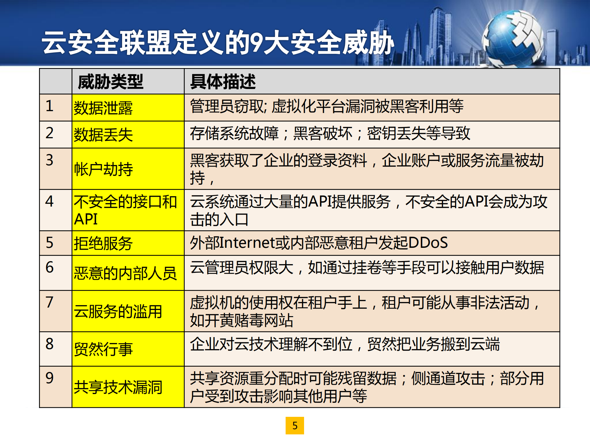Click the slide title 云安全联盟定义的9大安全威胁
218,42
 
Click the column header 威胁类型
110,82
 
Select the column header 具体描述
223,82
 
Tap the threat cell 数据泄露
103,108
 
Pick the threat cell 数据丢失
103,135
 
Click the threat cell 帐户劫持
103,169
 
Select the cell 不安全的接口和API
125,210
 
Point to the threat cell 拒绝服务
103,244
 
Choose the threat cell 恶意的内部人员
125,273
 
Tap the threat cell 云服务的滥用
118,311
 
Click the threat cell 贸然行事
103,349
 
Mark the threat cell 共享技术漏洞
118,387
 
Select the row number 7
49,302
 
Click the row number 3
49,160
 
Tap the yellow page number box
295,425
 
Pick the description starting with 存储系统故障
330,134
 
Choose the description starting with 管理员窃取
327,107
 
